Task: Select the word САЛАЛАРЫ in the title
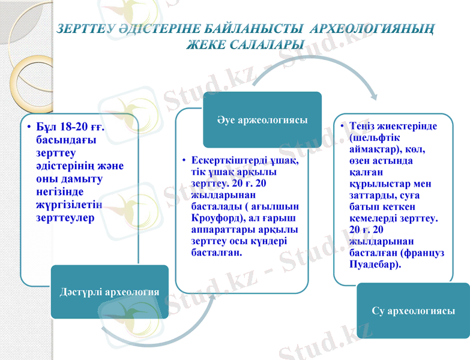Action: [x=265, y=44]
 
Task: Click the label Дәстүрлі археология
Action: [x=109, y=292]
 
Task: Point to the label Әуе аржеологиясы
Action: [x=262, y=121]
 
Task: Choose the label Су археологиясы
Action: [x=412, y=311]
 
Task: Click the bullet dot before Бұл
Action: [x=28, y=128]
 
